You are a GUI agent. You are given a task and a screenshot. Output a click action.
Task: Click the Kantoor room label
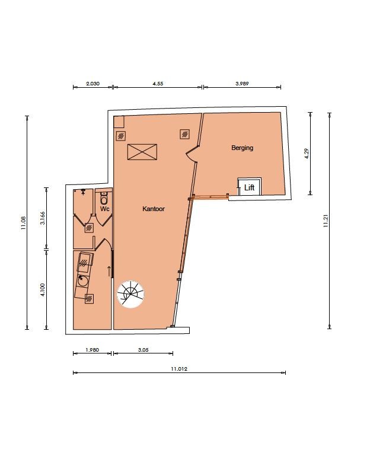coord(154,209)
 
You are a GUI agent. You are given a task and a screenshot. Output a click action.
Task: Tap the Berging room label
coord(242,148)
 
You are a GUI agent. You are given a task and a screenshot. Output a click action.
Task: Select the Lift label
coord(249,187)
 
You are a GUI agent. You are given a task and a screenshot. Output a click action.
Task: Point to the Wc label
coord(105,209)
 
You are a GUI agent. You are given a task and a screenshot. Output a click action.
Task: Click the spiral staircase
coord(130,294)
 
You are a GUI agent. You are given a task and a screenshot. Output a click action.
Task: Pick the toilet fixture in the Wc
coord(104,198)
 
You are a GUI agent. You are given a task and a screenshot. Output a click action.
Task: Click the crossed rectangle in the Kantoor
coord(142,152)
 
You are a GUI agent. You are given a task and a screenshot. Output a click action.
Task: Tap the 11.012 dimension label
coord(179,369)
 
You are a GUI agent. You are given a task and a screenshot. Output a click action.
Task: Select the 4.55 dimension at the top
coord(158,84)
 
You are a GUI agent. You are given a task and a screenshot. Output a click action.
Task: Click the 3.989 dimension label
coord(242,84)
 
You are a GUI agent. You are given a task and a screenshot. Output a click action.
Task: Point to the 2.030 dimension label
coord(92,84)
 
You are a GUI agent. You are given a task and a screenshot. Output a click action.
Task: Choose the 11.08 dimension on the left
coord(24,223)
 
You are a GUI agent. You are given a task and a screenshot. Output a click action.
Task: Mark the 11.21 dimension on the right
coord(326,221)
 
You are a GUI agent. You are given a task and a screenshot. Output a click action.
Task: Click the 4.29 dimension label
coord(307,154)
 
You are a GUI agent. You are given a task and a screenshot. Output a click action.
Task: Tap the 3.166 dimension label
coord(43,218)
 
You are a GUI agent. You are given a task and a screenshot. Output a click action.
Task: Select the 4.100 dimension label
coord(43,290)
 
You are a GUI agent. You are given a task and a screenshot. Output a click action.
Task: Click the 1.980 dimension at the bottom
coord(92,350)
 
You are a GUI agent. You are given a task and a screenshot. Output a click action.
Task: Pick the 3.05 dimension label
coord(143,350)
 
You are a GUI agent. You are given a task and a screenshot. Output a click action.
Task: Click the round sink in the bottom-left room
coord(82,281)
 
